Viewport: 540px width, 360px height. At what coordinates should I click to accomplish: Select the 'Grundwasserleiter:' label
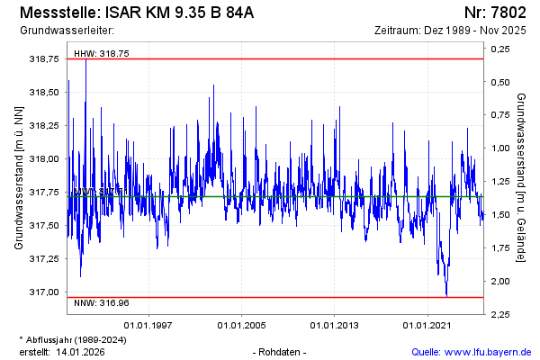point(60,31)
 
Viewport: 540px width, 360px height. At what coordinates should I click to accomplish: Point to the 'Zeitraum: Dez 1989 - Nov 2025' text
point(449,31)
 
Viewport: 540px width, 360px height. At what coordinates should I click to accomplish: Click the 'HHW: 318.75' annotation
point(102,54)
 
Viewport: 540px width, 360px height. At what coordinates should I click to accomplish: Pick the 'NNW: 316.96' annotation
point(102,302)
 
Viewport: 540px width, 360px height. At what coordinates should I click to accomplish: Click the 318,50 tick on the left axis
point(44,92)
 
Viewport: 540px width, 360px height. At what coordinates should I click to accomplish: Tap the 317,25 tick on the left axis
point(44,258)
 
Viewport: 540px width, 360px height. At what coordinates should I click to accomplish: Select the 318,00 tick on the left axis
point(44,158)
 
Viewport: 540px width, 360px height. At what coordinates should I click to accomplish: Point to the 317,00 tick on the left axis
point(44,292)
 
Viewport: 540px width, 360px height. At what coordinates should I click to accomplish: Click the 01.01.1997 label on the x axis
point(148,325)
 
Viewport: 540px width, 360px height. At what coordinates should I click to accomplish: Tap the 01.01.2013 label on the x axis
point(335,325)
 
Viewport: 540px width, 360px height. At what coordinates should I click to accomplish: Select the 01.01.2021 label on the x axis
point(427,325)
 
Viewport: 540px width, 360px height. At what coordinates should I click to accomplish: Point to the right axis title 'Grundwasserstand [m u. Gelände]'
point(521,177)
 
